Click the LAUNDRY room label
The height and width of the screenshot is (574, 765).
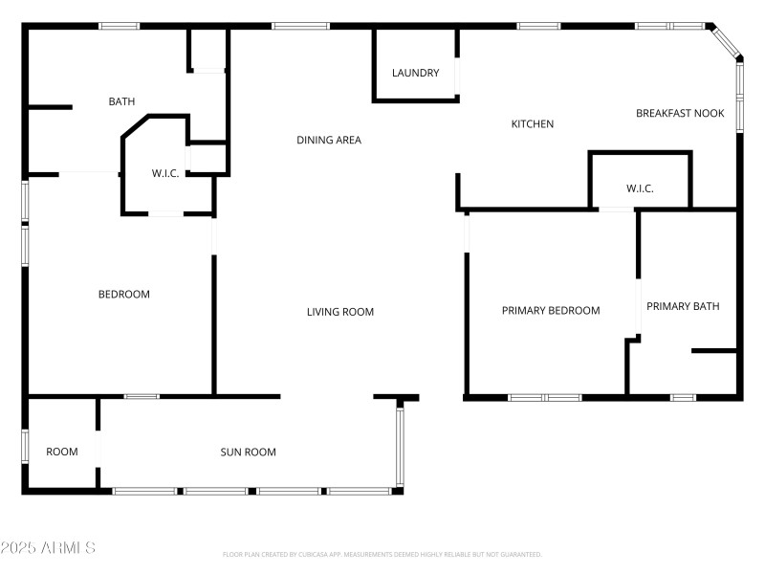point(415,73)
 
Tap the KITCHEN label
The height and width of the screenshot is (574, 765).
point(533,123)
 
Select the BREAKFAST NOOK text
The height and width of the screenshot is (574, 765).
point(680,113)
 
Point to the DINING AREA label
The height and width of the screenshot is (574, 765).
point(328,140)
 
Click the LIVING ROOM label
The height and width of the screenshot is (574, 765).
point(339,312)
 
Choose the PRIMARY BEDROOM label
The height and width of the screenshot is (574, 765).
point(551,310)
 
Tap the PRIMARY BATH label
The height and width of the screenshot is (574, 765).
point(683,306)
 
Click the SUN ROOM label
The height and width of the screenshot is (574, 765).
point(248,453)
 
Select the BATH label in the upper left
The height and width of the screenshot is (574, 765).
point(121,100)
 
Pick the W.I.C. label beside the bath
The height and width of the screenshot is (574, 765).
point(165,173)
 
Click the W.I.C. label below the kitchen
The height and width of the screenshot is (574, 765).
point(640,188)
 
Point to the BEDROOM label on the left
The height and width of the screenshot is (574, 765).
point(124,294)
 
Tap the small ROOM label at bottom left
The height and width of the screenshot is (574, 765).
point(62,452)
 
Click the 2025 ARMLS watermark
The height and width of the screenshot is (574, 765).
point(48,548)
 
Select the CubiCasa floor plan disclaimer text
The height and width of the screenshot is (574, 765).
point(382,554)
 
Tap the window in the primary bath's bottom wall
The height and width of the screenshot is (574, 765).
point(682,396)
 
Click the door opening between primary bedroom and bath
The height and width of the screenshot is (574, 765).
point(638,305)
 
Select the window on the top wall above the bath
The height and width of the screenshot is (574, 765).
point(120,26)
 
